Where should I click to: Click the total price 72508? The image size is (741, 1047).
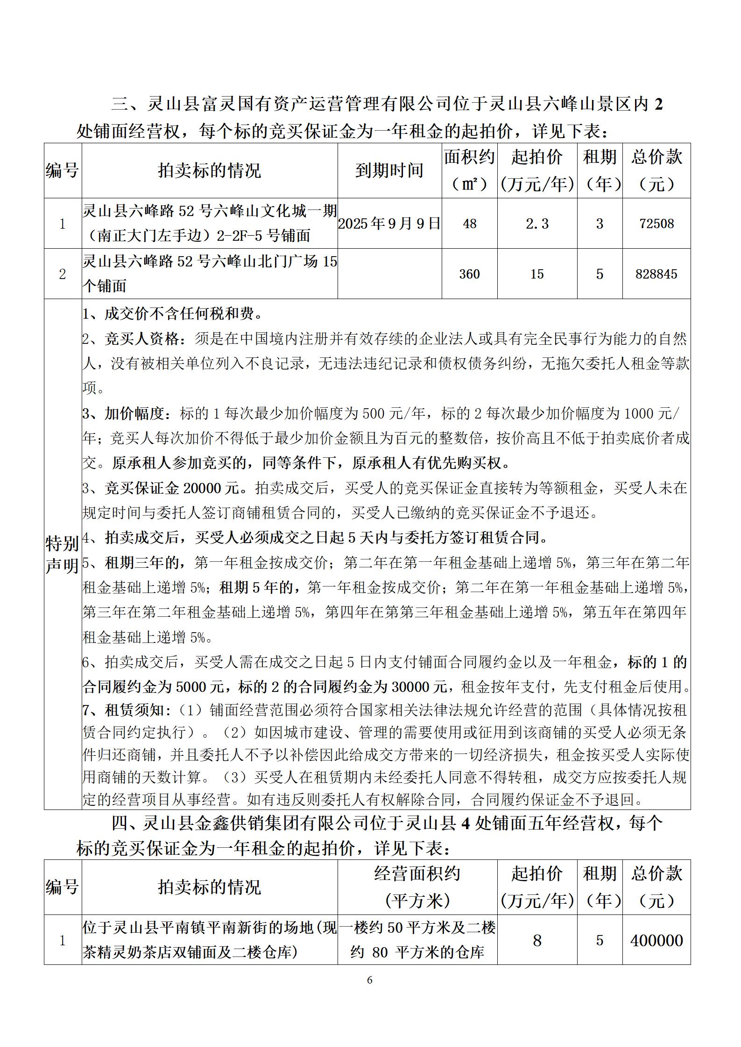point(656,224)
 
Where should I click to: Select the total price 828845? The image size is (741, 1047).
point(656,274)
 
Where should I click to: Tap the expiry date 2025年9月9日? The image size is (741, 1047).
point(389,224)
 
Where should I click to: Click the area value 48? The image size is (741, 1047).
point(469,224)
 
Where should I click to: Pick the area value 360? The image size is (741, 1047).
point(469,274)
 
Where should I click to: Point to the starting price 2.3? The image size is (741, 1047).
point(537,224)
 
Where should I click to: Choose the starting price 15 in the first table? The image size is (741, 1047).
point(537,274)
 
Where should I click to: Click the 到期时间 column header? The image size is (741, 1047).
point(389,171)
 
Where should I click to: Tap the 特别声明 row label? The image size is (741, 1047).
point(62,555)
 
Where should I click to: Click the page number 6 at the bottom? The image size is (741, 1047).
point(370,980)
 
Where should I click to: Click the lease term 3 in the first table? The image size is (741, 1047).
point(600,224)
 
